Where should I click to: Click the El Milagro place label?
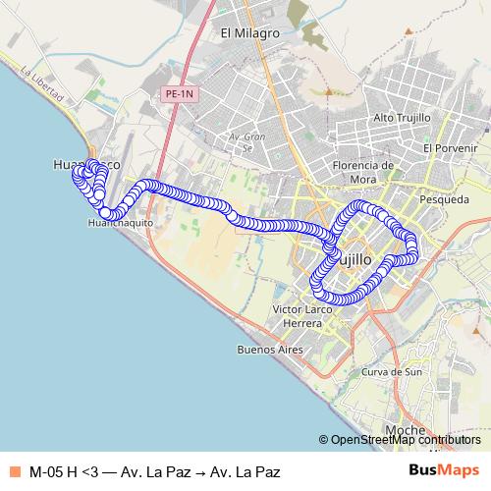250,32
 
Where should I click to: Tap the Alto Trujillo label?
398,118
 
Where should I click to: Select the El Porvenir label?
450,147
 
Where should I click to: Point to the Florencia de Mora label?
363,171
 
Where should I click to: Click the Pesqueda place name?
443,199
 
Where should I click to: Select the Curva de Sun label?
391,372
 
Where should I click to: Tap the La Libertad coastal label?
42,84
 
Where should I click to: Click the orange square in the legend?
13,471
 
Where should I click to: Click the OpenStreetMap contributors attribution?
406,440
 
